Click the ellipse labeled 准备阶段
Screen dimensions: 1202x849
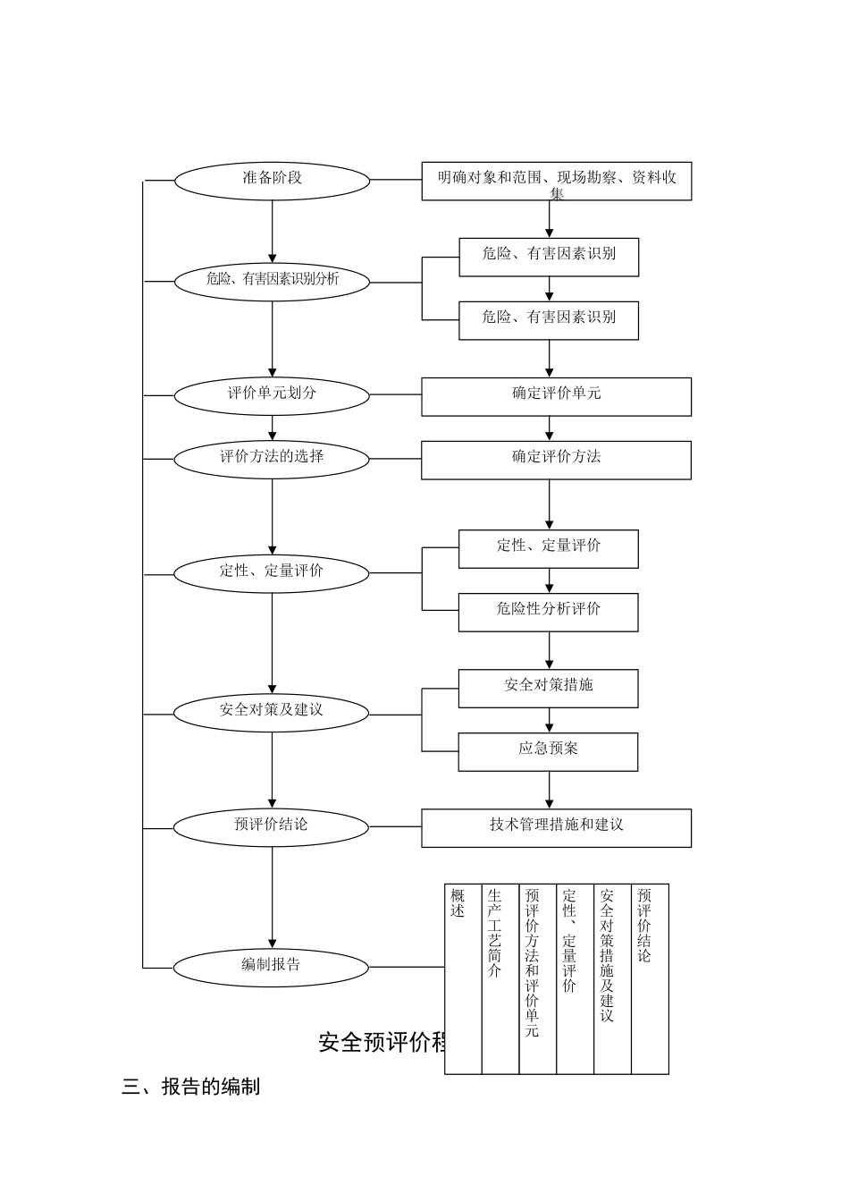pyautogui.click(x=272, y=181)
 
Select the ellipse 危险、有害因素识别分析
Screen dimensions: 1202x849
pyautogui.click(x=272, y=282)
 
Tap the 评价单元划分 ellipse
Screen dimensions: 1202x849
pyautogui.click(x=272, y=395)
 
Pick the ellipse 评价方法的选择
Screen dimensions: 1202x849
pyautogui.click(x=272, y=459)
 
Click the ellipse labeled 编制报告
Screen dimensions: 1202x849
pyautogui.click(x=271, y=967)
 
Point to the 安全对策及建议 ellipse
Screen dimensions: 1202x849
pyautogui.click(x=271, y=713)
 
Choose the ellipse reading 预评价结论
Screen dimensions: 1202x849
pyautogui.click(x=271, y=827)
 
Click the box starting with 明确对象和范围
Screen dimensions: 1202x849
pyautogui.click(x=556, y=182)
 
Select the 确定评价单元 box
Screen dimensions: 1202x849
pyautogui.click(x=556, y=396)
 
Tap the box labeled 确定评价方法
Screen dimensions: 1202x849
pyautogui.click(x=556, y=460)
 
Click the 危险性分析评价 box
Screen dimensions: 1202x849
pyautogui.click(x=548, y=613)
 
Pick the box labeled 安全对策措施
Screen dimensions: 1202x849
pyautogui.click(x=548, y=689)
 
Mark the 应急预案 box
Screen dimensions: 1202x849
pyautogui.click(x=548, y=751)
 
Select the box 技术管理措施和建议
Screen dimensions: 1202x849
pyautogui.click(x=556, y=828)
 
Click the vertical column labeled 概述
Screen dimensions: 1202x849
pyautogui.click(x=463, y=978)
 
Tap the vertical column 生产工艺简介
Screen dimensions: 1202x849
pyautogui.click(x=500, y=978)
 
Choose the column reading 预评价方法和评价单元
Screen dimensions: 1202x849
pyautogui.click(x=538, y=978)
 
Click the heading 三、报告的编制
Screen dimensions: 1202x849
pyautogui.click(x=191, y=1088)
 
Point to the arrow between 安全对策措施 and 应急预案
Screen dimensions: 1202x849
pyautogui.click(x=549, y=720)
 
